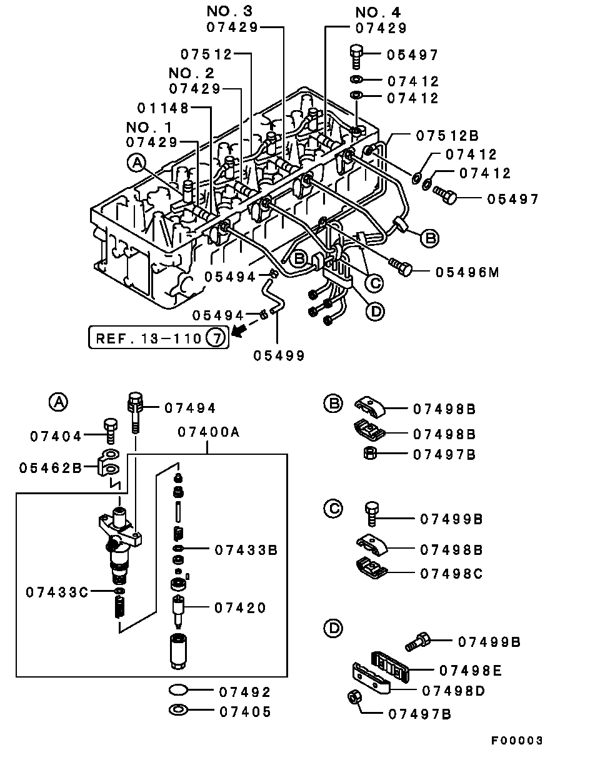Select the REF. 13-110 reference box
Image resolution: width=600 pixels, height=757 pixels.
pos(158,339)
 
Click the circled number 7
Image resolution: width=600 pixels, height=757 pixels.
pos(214,339)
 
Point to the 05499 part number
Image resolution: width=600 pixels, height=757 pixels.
pos(279,356)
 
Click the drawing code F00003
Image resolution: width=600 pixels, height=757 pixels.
pos(516,741)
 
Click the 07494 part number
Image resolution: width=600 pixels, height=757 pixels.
pos(190,409)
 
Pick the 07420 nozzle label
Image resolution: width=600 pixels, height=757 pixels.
pos(240,607)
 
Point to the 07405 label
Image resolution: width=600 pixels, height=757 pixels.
pos(244,712)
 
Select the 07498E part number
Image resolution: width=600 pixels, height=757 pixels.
pos(470,671)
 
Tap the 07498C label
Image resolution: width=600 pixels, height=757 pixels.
pos(451,573)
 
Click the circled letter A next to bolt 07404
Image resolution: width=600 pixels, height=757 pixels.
pos(57,403)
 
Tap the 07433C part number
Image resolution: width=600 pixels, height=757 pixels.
pos(57,591)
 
